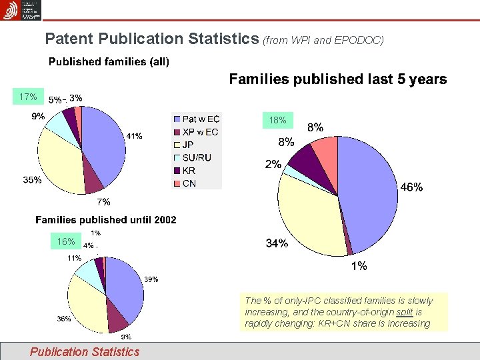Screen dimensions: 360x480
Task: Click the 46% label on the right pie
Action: coord(411,188)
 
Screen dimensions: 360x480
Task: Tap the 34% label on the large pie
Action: coord(277,244)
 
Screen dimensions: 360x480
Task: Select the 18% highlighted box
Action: coord(277,120)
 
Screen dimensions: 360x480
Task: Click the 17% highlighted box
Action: coord(27,97)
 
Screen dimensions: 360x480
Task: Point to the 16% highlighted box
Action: coord(65,241)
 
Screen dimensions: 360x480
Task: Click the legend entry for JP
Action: coord(188,145)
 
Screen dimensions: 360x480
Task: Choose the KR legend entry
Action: coord(189,170)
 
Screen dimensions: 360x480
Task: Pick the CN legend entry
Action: coord(189,183)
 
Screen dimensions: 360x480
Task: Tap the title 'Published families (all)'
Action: coord(109,62)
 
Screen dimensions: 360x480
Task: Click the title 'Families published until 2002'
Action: coord(106,219)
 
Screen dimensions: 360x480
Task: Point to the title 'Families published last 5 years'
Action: coord(338,79)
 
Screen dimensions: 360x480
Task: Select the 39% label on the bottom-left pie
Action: coord(151,279)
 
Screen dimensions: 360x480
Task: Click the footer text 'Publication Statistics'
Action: coord(85,351)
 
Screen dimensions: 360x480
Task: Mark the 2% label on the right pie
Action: coord(272,165)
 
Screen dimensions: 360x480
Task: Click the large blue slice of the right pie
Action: coord(367,193)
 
